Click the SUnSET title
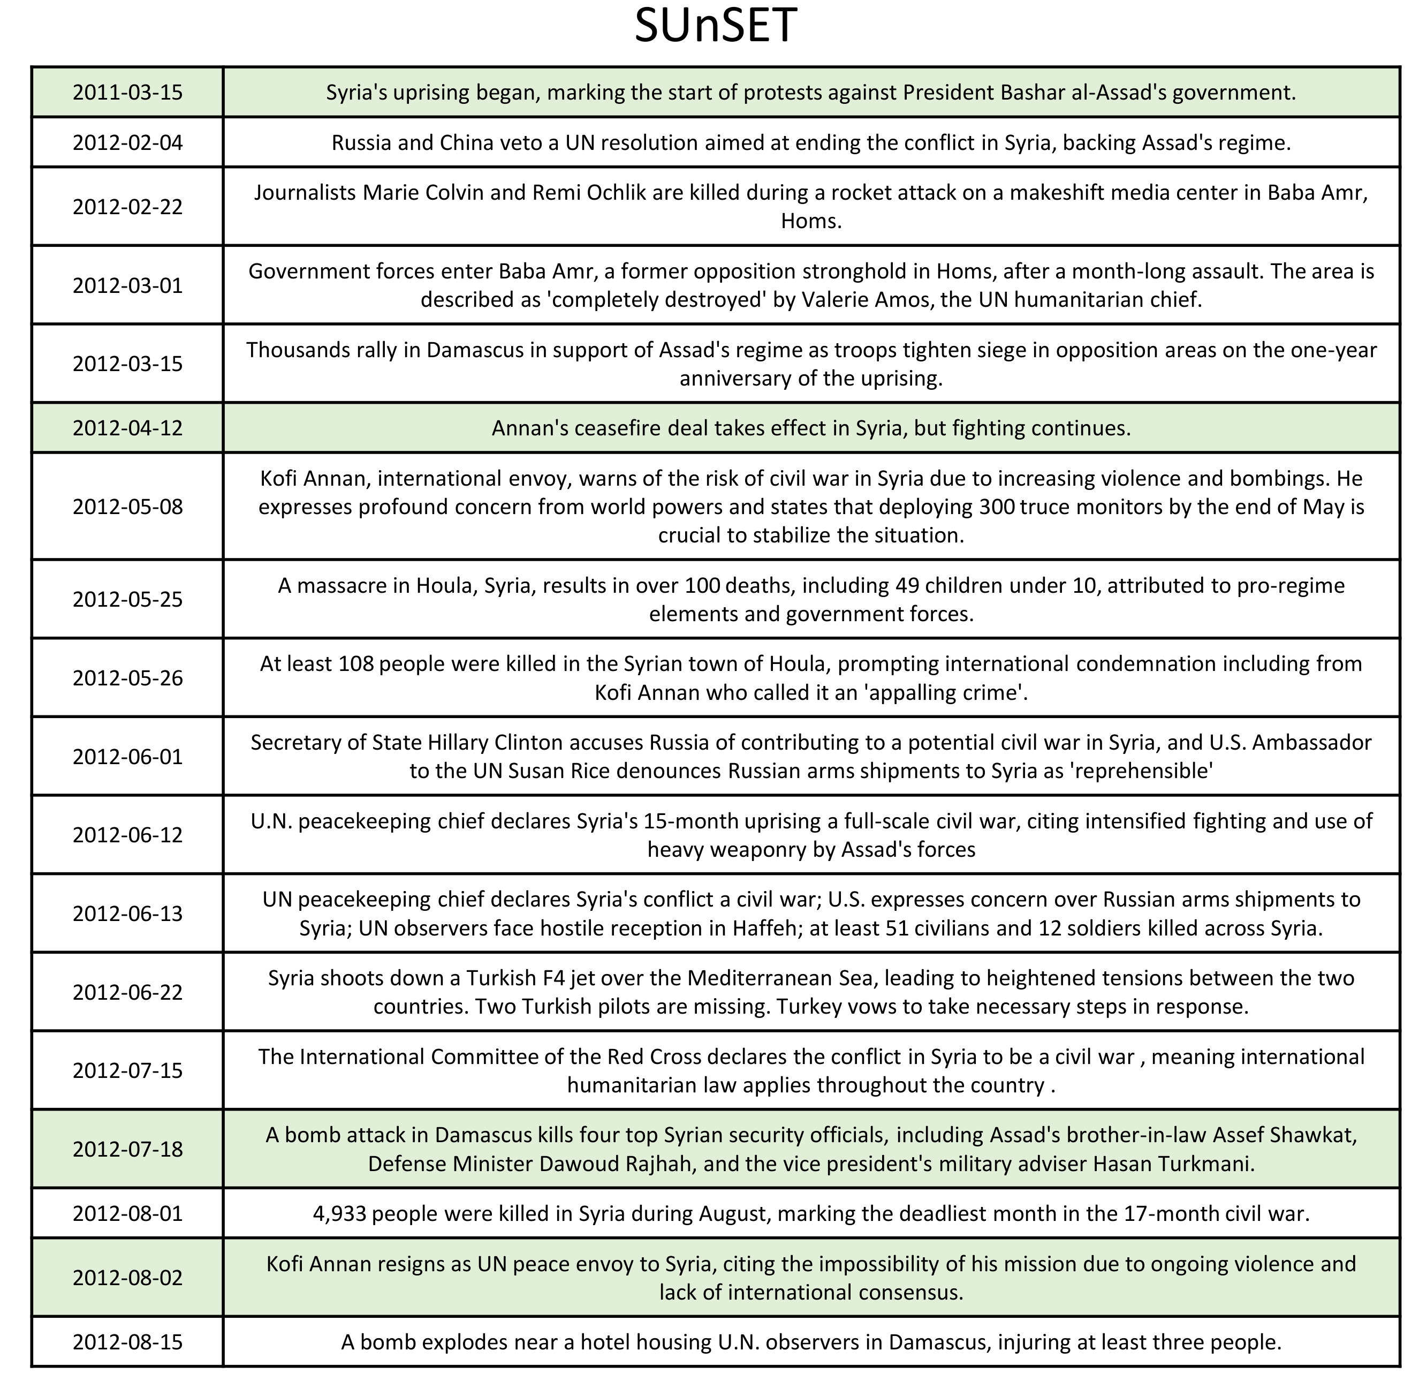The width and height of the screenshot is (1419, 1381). click(x=715, y=27)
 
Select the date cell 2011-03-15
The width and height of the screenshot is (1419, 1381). click(x=127, y=92)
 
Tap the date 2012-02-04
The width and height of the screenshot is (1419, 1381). click(x=127, y=142)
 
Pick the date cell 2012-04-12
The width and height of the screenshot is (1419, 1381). click(x=127, y=428)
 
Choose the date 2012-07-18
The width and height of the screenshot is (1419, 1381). click(x=127, y=1149)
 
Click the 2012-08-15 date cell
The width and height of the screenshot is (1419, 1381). click(x=127, y=1342)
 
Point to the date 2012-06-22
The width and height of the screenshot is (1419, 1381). click(x=127, y=992)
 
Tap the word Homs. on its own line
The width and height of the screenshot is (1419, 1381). click(x=810, y=221)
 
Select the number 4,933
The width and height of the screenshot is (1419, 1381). click(x=340, y=1213)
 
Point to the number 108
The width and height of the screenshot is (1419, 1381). click(x=356, y=663)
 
